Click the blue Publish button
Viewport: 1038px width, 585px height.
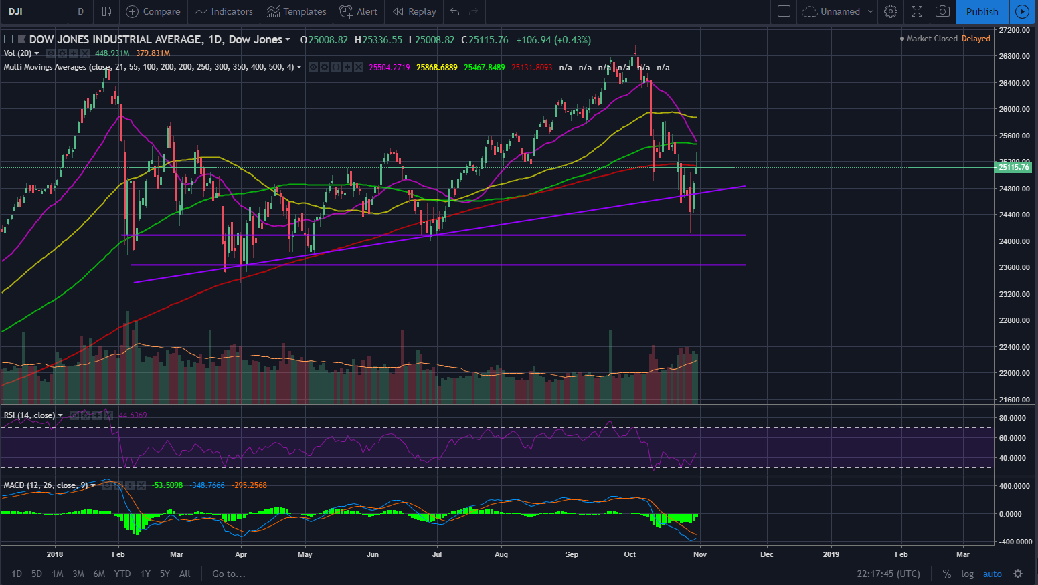point(982,11)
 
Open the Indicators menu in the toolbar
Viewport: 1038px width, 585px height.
point(224,11)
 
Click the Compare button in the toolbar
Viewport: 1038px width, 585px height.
point(153,11)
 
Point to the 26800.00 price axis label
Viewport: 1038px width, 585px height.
point(1014,56)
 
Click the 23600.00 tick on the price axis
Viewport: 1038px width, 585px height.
point(1014,267)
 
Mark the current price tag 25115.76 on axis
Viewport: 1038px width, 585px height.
point(1014,167)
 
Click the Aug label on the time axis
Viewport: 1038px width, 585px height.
point(501,554)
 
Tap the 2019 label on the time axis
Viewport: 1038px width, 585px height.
point(831,554)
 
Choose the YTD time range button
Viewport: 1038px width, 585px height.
point(122,574)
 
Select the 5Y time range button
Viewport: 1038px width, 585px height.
point(165,574)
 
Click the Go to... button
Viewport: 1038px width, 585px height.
point(229,574)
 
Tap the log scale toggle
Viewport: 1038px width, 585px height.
point(967,574)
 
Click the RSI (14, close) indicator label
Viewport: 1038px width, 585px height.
point(29,415)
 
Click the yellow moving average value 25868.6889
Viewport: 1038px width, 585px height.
point(437,68)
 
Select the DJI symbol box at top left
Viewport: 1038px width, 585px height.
point(16,11)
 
